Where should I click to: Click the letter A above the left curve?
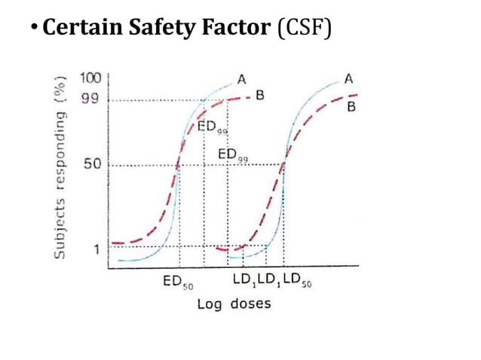click(x=241, y=78)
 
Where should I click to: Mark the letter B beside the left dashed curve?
click(x=259, y=95)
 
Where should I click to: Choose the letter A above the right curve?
click(x=349, y=78)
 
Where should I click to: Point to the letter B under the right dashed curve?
click(x=351, y=108)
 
